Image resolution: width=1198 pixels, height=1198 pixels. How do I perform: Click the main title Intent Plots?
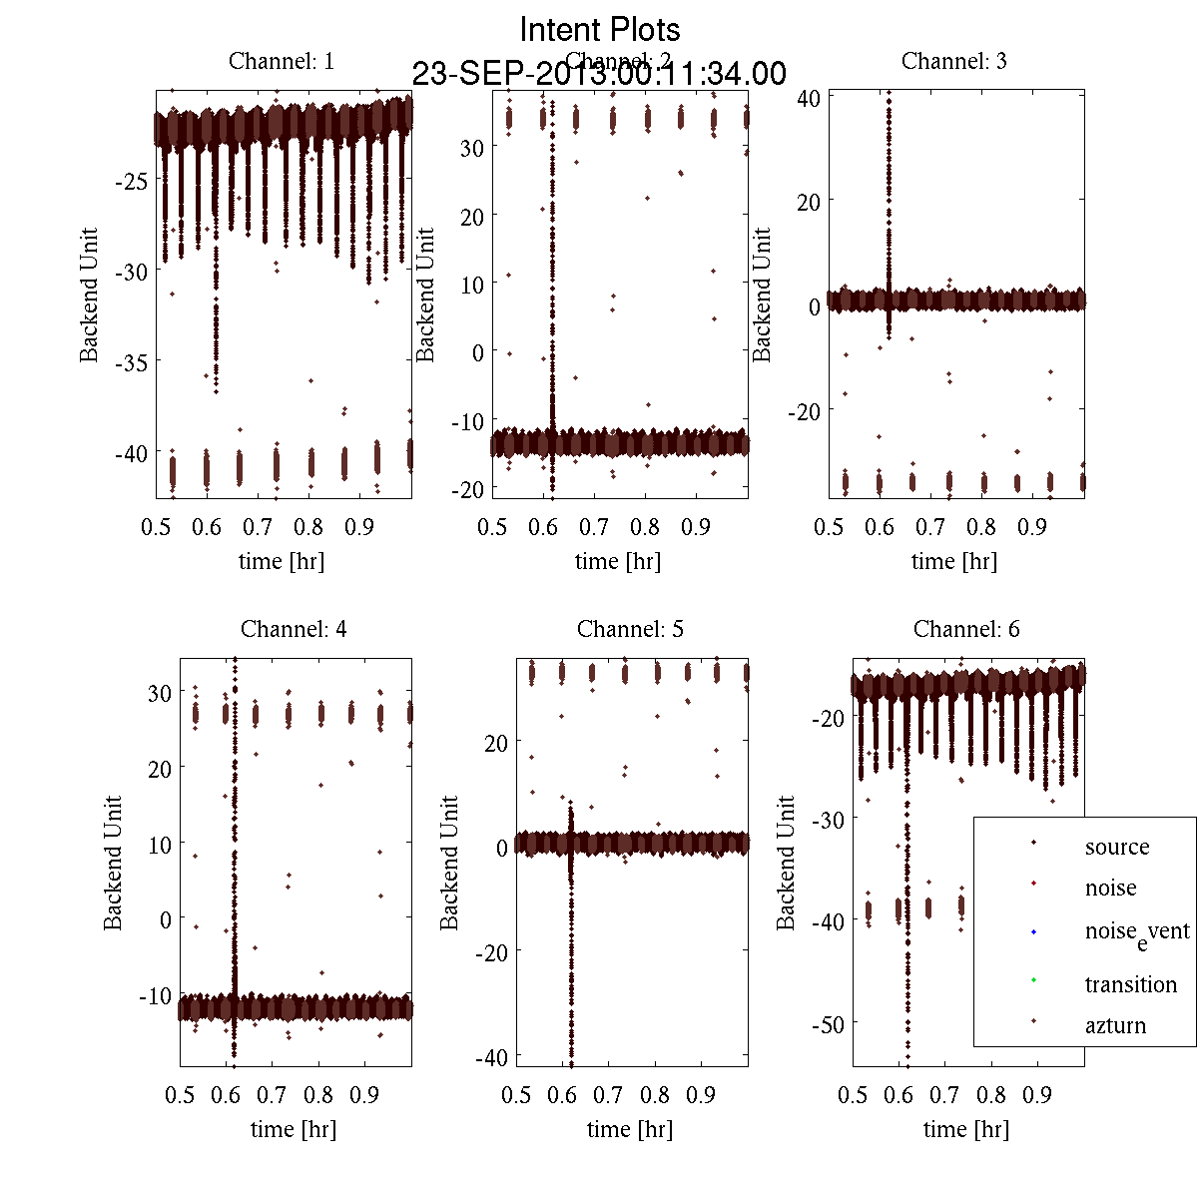(x=600, y=29)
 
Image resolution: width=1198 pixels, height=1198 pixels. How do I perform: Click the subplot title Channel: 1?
(x=282, y=61)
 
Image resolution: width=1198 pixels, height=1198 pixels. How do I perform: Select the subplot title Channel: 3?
(x=953, y=61)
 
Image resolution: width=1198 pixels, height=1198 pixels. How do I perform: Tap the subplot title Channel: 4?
(x=294, y=629)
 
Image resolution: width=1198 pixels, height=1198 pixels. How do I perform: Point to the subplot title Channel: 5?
(x=630, y=629)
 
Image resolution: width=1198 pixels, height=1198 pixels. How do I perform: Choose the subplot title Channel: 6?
(x=966, y=629)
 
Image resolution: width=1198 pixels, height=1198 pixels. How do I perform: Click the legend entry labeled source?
(x=1116, y=847)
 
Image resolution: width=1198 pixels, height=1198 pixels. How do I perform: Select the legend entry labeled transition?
(x=1130, y=984)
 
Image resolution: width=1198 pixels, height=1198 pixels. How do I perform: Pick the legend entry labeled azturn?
(x=1115, y=1025)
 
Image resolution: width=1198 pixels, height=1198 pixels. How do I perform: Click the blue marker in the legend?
(x=1033, y=931)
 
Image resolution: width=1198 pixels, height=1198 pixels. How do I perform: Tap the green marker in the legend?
(x=1033, y=979)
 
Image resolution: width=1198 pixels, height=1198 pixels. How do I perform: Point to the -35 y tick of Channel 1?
(x=131, y=362)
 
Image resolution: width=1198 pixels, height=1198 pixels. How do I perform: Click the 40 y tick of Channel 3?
(x=809, y=98)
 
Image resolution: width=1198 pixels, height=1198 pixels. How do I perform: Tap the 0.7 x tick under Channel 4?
(x=272, y=1095)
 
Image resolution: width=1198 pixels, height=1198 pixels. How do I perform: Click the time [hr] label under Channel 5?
(x=630, y=1129)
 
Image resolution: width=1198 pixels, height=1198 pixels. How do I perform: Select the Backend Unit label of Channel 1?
(x=90, y=295)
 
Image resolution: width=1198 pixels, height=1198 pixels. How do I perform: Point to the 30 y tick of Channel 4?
(x=159, y=692)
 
